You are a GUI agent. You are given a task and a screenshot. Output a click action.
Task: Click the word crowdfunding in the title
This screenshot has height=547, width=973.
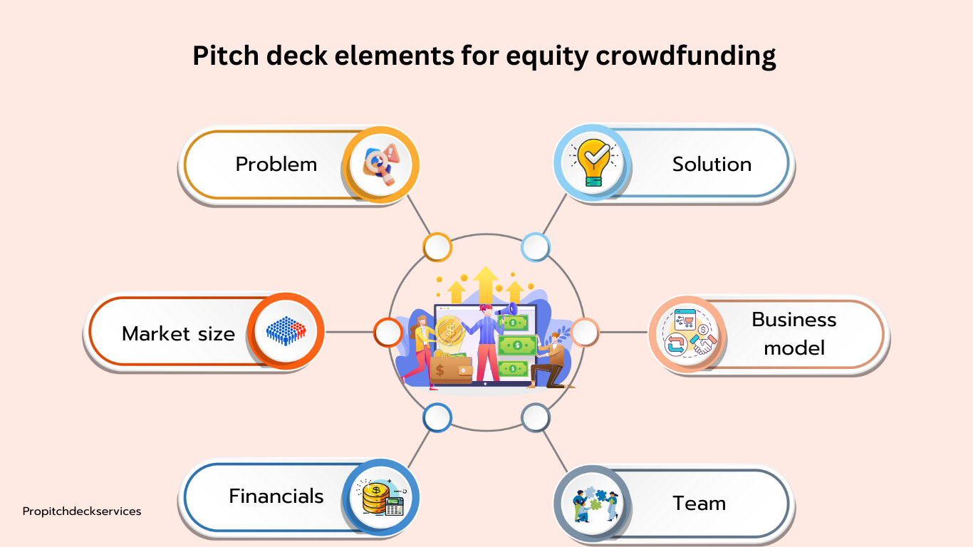[x=685, y=56]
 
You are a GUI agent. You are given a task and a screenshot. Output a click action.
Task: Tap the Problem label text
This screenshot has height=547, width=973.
[x=276, y=165]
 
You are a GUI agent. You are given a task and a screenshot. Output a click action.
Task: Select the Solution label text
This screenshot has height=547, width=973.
[x=712, y=165]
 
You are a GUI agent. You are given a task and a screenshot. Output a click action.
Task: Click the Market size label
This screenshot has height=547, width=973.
[x=179, y=333]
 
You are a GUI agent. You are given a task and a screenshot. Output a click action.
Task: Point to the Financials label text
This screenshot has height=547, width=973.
[x=276, y=496]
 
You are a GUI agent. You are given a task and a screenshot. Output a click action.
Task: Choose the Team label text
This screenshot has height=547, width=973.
[x=699, y=503]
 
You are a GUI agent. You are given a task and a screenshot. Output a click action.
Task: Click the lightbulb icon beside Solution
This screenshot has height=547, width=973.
[x=594, y=162]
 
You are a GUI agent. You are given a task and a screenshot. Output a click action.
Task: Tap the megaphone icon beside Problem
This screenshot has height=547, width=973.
[x=381, y=165]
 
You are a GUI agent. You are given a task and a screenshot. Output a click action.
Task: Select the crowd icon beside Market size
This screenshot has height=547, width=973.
[x=286, y=330]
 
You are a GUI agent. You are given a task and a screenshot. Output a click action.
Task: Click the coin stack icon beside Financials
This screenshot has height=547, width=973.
[x=381, y=497]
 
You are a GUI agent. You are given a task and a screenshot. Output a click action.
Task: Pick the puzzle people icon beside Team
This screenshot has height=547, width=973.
[x=595, y=504]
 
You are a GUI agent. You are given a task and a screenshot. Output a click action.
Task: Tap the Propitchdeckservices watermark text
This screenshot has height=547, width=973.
[x=82, y=511]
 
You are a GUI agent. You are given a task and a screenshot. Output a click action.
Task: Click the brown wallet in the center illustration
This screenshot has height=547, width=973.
[x=451, y=370]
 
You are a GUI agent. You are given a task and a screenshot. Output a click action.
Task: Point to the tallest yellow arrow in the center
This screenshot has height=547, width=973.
[x=486, y=285]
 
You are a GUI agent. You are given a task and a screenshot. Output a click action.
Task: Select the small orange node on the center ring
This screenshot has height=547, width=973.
[x=437, y=247]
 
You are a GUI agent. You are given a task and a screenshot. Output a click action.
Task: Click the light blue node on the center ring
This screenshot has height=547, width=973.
[x=536, y=247]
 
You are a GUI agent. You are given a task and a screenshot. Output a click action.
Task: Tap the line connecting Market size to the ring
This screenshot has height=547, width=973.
[x=350, y=333]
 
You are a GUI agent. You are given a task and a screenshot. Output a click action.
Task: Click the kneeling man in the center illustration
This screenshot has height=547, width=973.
[x=548, y=360]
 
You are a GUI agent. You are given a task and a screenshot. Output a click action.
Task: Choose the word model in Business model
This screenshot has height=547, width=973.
[x=794, y=348]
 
